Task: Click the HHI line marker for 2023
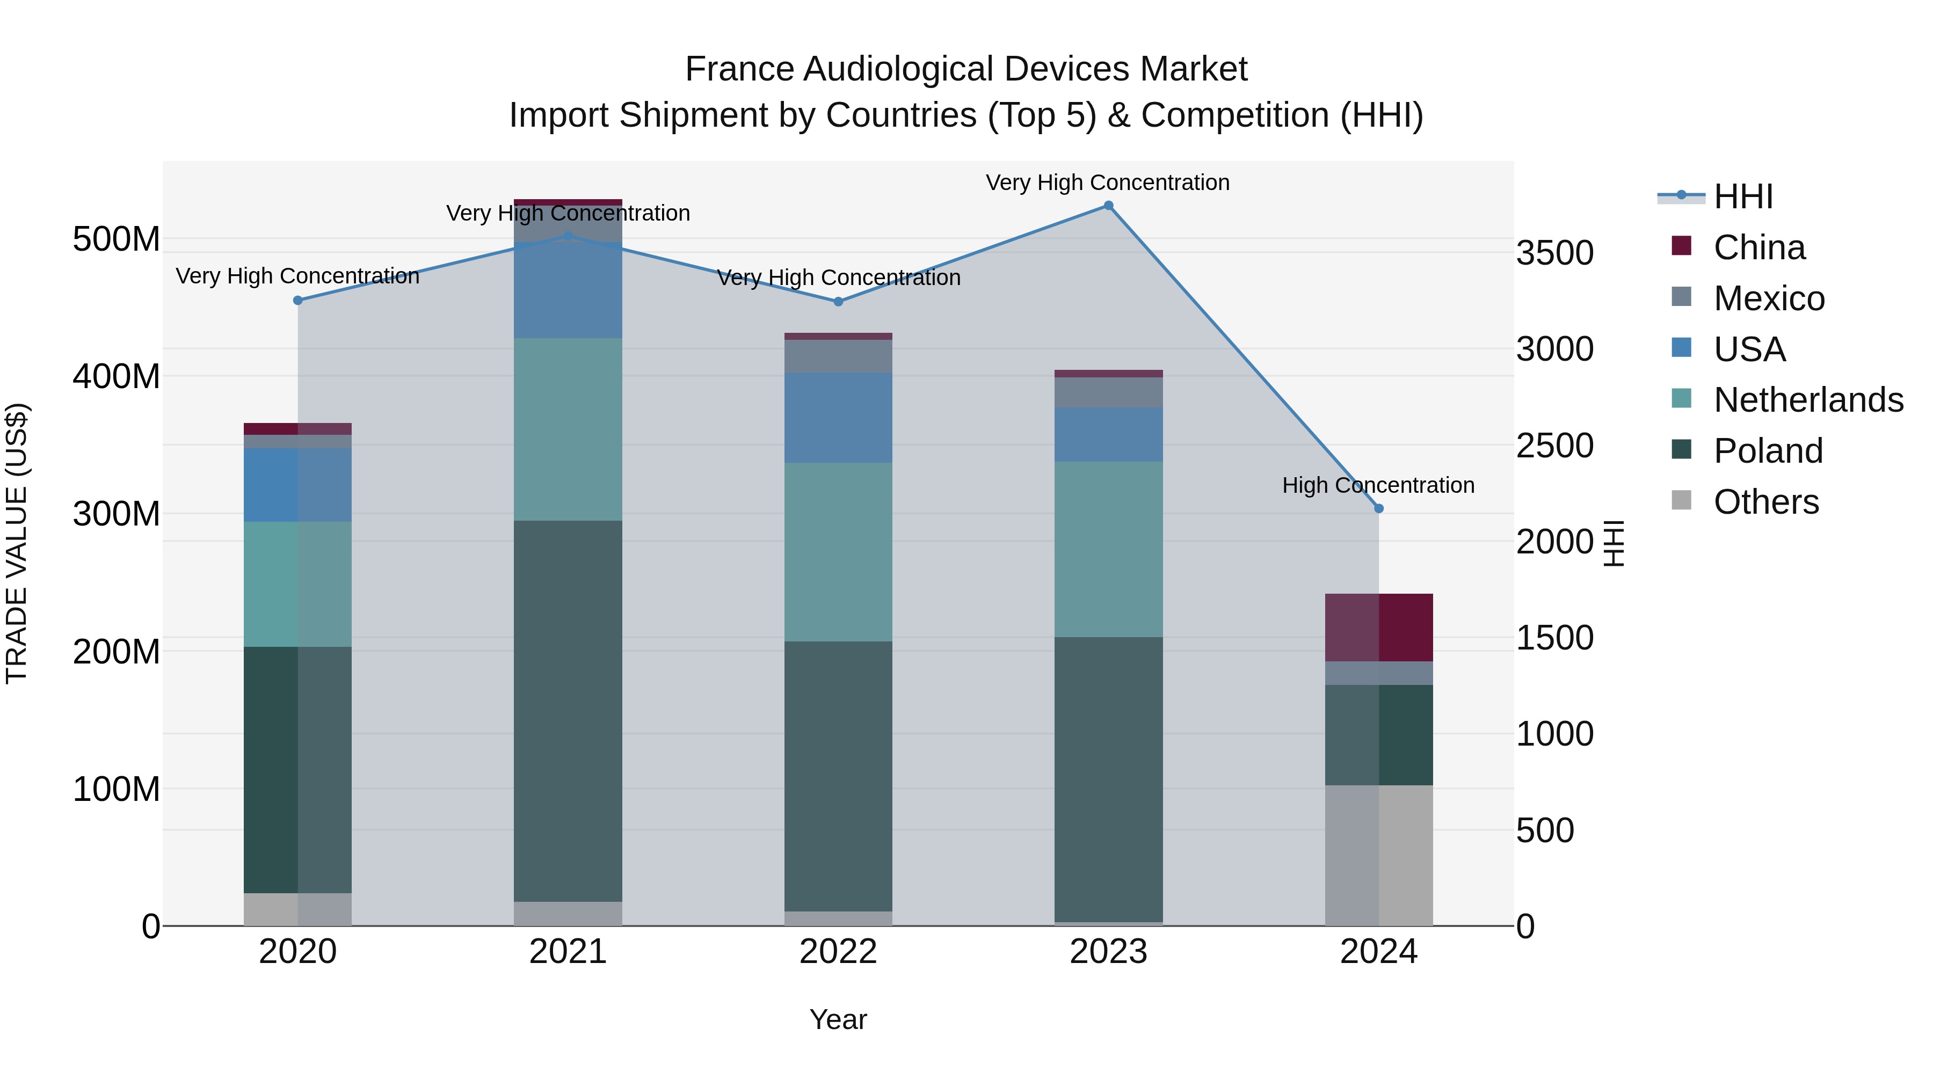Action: (1108, 206)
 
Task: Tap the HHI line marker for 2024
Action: (1378, 509)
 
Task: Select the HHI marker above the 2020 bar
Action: (298, 300)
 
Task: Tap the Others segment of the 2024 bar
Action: (1378, 855)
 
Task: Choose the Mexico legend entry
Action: (1769, 298)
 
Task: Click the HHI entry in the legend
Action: (1743, 196)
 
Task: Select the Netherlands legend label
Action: (1808, 400)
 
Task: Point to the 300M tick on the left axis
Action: (117, 514)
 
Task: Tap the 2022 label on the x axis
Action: (838, 952)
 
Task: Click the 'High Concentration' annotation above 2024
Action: (1378, 485)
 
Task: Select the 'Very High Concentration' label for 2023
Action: (1108, 183)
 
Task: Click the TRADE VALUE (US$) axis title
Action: (17, 543)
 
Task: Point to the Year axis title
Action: (838, 1019)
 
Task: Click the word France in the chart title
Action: (740, 70)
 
